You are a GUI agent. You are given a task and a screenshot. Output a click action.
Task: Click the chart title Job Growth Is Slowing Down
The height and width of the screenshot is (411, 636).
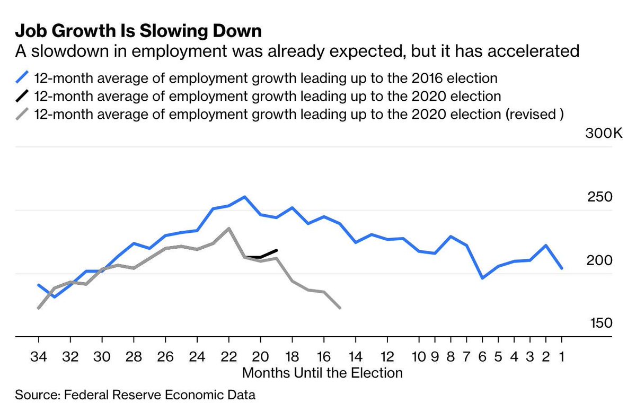[138, 31]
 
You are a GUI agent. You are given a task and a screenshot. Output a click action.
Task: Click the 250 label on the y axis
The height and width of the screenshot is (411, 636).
[600, 197]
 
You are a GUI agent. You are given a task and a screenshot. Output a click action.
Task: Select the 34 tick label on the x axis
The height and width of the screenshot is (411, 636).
[39, 355]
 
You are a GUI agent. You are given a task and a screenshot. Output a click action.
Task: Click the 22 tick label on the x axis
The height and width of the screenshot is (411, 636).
[228, 355]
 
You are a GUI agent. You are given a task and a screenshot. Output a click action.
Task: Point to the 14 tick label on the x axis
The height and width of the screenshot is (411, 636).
[356, 355]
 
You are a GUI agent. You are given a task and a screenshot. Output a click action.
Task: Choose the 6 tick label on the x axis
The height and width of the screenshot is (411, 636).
[482, 355]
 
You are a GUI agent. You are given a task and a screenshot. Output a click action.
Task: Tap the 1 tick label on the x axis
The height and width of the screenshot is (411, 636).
[561, 355]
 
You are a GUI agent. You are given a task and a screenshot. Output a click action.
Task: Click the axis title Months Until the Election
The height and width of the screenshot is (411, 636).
[322, 373]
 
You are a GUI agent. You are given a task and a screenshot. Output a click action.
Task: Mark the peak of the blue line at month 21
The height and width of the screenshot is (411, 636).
[244, 197]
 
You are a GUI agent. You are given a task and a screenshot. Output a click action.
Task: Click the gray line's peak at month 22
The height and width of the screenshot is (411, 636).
[228, 229]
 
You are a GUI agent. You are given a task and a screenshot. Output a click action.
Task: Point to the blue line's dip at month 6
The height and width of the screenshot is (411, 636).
[482, 278]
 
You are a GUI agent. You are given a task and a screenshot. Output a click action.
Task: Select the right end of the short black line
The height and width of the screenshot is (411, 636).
[277, 250]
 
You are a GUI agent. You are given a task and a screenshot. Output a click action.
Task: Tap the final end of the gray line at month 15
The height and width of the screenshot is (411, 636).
[340, 308]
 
